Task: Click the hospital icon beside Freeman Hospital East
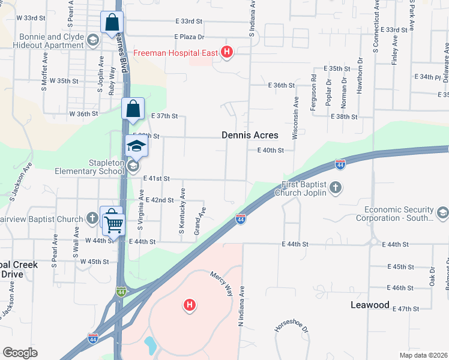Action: [x=226, y=53]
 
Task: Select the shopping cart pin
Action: [x=113, y=224]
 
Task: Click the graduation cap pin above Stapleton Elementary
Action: [x=136, y=146]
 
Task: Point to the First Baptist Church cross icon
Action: [x=336, y=188]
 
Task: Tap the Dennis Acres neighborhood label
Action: [x=250, y=136]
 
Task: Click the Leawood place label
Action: [x=370, y=305]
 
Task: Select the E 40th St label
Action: [x=270, y=151]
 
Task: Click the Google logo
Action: [x=20, y=352]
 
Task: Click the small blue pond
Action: [x=149, y=346]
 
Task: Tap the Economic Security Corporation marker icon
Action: [x=442, y=212]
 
